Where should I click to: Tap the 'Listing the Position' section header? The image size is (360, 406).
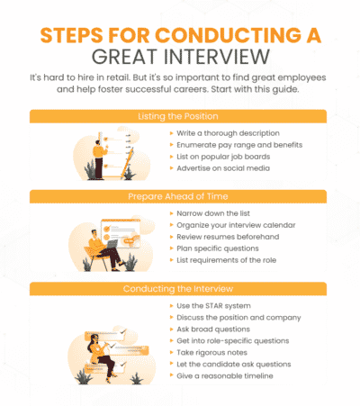[x=179, y=117]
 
